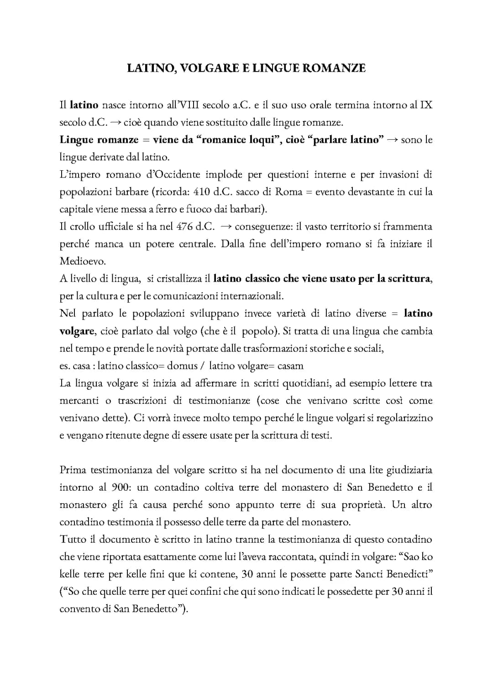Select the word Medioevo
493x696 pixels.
83,262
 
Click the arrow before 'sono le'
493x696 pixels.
392,140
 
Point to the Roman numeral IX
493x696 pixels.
426,105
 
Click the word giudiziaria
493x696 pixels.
409,470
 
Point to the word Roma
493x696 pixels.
288,192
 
